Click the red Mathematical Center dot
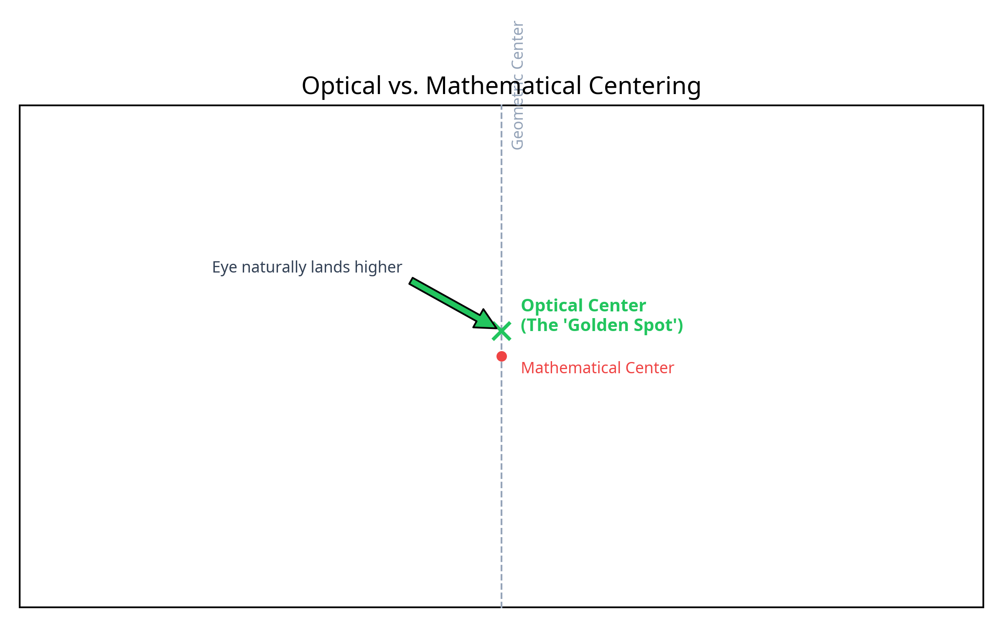tap(501, 356)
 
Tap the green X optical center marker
tap(501, 331)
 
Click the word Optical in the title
tap(341, 86)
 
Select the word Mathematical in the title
tap(504, 86)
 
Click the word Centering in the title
tap(644, 86)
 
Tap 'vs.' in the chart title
tap(403, 86)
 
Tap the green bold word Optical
tap(552, 306)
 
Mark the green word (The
tap(539, 325)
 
